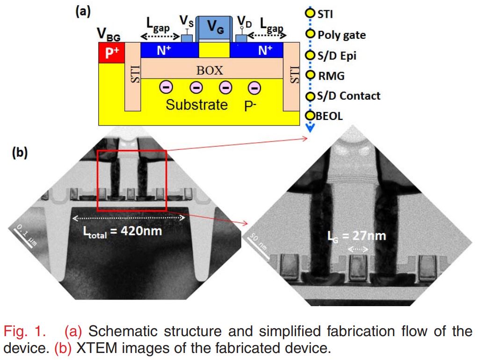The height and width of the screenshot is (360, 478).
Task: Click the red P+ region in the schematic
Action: tap(112, 53)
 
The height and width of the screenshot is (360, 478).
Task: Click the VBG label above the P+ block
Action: tap(107, 34)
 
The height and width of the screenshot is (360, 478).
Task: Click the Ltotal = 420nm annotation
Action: tap(123, 230)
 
